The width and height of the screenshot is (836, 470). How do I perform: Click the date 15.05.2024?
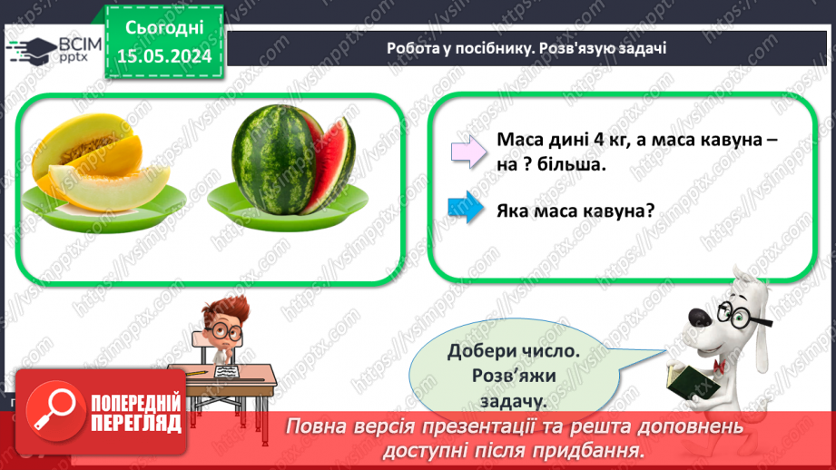[164, 55]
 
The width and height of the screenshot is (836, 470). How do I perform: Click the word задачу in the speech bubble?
[514, 400]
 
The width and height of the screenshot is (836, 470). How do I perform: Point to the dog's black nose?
[699, 316]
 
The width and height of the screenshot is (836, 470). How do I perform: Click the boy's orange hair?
[222, 313]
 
